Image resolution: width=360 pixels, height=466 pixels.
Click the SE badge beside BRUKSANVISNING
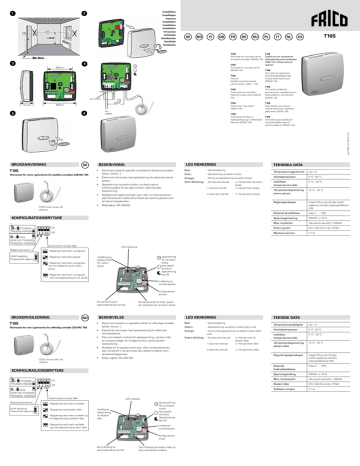click(x=79, y=160)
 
